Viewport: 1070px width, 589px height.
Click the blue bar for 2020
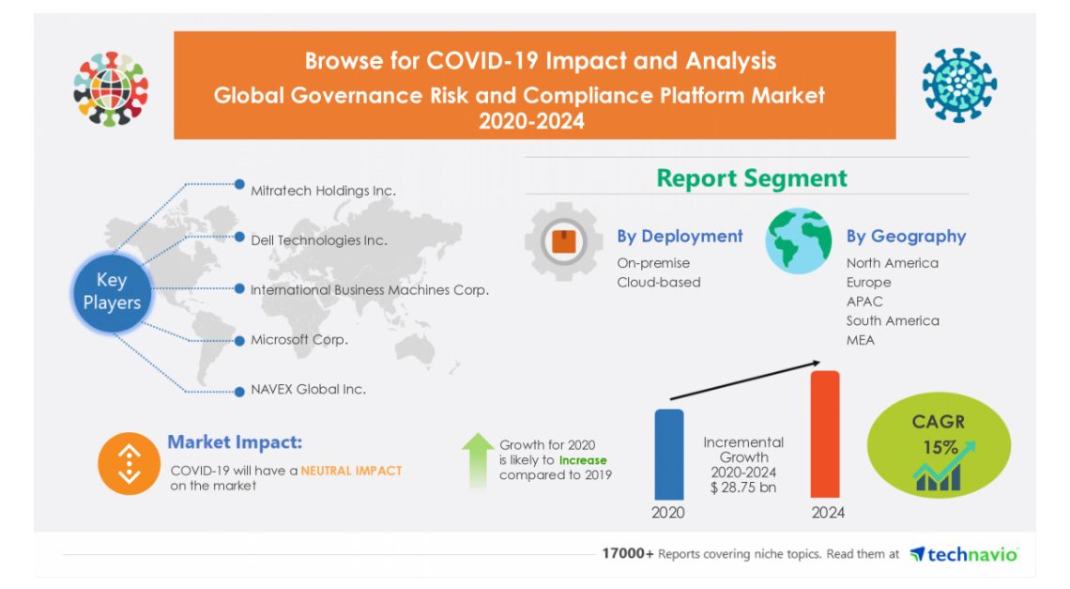click(x=668, y=454)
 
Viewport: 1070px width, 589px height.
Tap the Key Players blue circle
click(x=112, y=291)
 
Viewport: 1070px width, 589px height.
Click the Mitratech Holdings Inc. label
click(x=323, y=191)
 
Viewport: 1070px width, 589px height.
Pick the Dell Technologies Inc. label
click(x=318, y=240)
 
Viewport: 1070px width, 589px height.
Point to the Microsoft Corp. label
click(x=298, y=339)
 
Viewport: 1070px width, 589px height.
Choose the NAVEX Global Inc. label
click(x=308, y=389)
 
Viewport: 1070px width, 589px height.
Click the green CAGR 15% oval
click(x=938, y=446)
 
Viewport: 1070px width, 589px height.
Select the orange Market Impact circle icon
click(x=129, y=463)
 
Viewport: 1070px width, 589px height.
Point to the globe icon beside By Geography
click(x=798, y=241)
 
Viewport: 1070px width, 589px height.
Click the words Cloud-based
click(x=658, y=283)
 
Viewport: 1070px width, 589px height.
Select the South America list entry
click(x=892, y=320)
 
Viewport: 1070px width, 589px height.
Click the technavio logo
click(x=964, y=554)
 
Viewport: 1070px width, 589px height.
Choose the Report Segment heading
click(x=751, y=178)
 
